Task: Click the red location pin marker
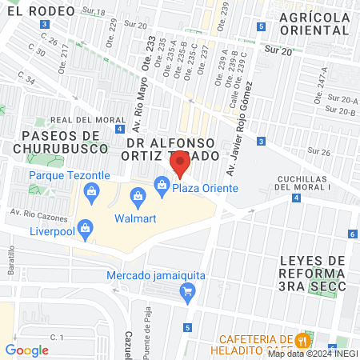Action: click(180, 166)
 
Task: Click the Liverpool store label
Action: click(51, 231)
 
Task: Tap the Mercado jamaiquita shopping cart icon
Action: click(188, 290)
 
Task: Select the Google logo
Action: click(26, 350)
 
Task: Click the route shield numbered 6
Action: click(353, 234)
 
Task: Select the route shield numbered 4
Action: click(118, 129)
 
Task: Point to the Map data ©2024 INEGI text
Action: click(311, 353)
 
